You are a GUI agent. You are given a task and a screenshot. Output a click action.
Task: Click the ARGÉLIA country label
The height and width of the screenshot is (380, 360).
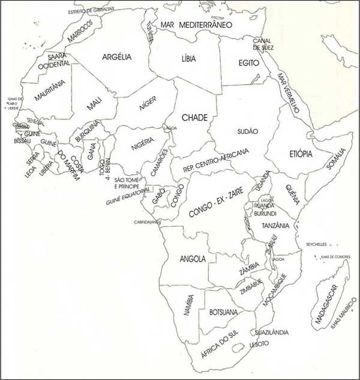[x=117, y=57]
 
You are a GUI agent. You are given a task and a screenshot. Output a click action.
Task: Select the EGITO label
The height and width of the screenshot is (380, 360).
[x=248, y=62]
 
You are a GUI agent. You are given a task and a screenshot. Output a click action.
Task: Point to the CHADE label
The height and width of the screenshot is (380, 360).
[x=194, y=117]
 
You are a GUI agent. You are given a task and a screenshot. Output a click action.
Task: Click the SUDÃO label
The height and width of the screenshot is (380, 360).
[x=247, y=131]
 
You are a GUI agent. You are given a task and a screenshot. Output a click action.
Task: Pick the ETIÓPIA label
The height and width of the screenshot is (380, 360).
[x=301, y=154]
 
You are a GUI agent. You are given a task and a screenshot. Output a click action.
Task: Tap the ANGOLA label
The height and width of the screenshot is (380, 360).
[x=193, y=259]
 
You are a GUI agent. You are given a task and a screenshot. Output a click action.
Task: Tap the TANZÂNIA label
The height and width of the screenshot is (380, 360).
[x=275, y=226]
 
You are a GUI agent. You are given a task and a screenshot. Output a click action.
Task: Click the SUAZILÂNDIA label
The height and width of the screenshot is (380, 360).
[x=271, y=332]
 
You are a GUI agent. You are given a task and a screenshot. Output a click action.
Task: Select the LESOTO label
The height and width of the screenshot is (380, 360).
[x=259, y=343]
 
